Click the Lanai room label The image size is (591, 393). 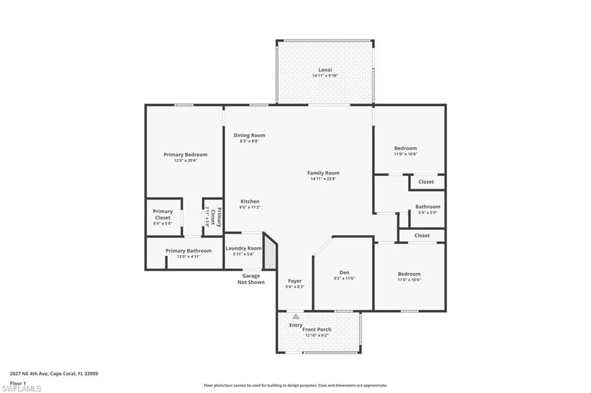[325, 70]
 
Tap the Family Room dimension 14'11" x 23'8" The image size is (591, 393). [323, 179]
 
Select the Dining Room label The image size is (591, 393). [249, 135]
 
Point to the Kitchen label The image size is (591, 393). [250, 201]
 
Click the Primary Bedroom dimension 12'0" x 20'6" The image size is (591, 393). [185, 160]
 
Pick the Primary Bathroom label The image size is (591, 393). [189, 251]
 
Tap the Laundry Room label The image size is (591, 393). [244, 248]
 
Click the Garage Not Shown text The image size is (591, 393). [251, 279]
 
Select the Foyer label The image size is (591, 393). [295, 281]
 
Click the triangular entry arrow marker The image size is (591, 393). [296, 316]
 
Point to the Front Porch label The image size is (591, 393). [317, 330]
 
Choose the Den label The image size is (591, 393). [344, 272]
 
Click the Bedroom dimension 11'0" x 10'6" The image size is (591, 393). [409, 279]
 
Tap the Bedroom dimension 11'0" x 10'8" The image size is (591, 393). [406, 154]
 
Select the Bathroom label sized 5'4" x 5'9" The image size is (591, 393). [428, 207]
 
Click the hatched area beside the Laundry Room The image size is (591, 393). [270, 252]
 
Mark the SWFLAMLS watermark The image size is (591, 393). [21, 388]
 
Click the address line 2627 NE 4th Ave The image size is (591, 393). [54, 374]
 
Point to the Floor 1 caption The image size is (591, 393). [18, 383]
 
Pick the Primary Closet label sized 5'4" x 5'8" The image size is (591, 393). [163, 215]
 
